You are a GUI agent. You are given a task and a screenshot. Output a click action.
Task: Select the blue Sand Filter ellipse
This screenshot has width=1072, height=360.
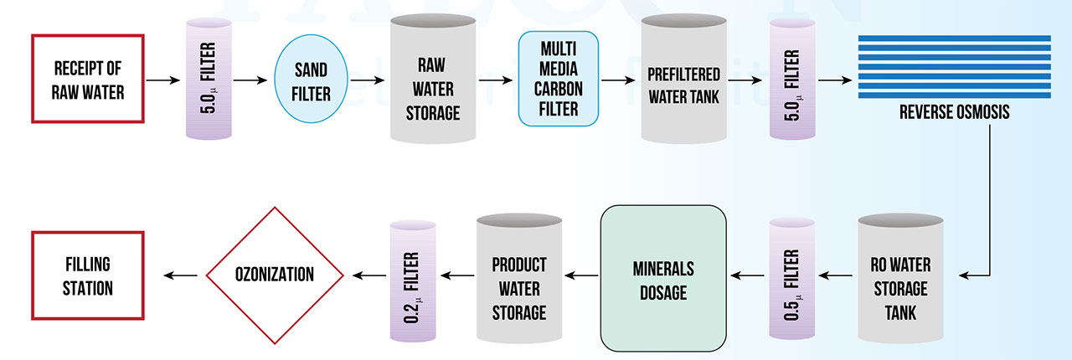coord(311,80)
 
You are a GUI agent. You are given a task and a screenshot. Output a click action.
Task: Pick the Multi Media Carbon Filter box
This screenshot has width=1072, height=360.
coord(559,80)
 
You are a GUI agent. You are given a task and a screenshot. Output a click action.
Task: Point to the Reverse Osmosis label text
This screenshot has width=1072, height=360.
coord(954,113)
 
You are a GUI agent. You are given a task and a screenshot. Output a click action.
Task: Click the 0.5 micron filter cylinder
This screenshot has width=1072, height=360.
coord(791,277)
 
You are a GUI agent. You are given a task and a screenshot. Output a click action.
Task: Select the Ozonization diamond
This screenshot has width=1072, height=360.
coord(275,275)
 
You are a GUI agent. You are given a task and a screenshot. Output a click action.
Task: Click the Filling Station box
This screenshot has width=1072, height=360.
coord(88,275)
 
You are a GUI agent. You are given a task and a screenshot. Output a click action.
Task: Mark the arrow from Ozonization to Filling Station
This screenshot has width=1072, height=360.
coord(182,275)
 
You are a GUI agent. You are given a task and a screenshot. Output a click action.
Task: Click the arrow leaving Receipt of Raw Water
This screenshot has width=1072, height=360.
coord(162,80)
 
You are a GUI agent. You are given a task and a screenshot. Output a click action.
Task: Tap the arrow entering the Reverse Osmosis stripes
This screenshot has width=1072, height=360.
coord(834,80)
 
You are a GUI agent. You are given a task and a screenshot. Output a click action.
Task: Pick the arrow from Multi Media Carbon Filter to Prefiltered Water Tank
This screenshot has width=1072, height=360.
coord(618,81)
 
